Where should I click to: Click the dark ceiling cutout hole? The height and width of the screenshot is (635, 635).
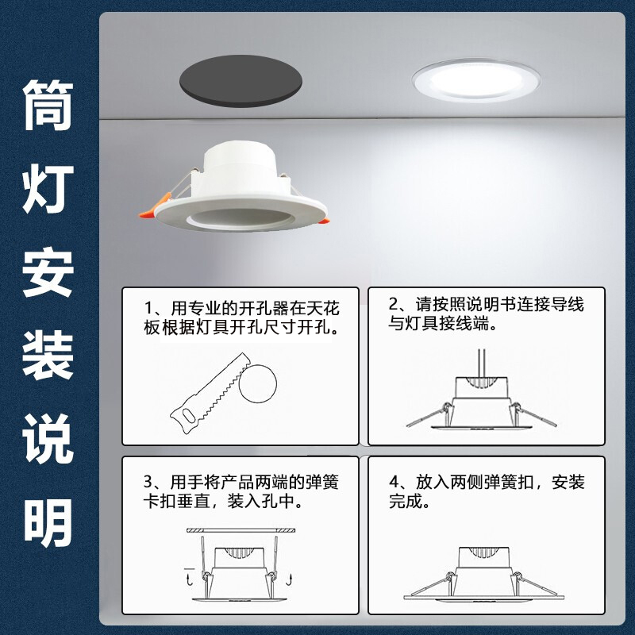(x=241, y=81)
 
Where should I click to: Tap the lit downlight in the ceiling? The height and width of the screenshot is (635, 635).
(x=475, y=80)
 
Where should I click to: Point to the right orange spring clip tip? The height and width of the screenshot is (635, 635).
(x=324, y=221)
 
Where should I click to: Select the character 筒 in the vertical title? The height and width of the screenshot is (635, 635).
(x=48, y=105)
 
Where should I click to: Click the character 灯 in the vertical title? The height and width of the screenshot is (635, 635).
(x=48, y=189)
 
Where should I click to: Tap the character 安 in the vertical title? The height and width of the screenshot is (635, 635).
(x=48, y=272)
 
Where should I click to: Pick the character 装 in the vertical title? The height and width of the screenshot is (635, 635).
(x=48, y=356)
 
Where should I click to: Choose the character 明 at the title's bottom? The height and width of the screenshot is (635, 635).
(x=48, y=522)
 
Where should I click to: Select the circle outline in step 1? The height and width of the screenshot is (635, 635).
(x=258, y=384)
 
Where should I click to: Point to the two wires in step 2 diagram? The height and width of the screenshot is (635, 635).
(x=481, y=363)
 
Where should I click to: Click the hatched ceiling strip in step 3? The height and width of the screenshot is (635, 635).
(x=241, y=530)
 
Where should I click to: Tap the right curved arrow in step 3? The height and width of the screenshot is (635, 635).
(x=289, y=580)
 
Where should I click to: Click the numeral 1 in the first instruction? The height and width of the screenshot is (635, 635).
(x=148, y=309)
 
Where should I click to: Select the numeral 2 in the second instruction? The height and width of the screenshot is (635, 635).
(x=394, y=304)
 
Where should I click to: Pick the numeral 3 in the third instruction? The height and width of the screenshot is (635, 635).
(x=148, y=482)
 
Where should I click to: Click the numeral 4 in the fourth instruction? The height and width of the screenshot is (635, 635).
(x=394, y=482)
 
